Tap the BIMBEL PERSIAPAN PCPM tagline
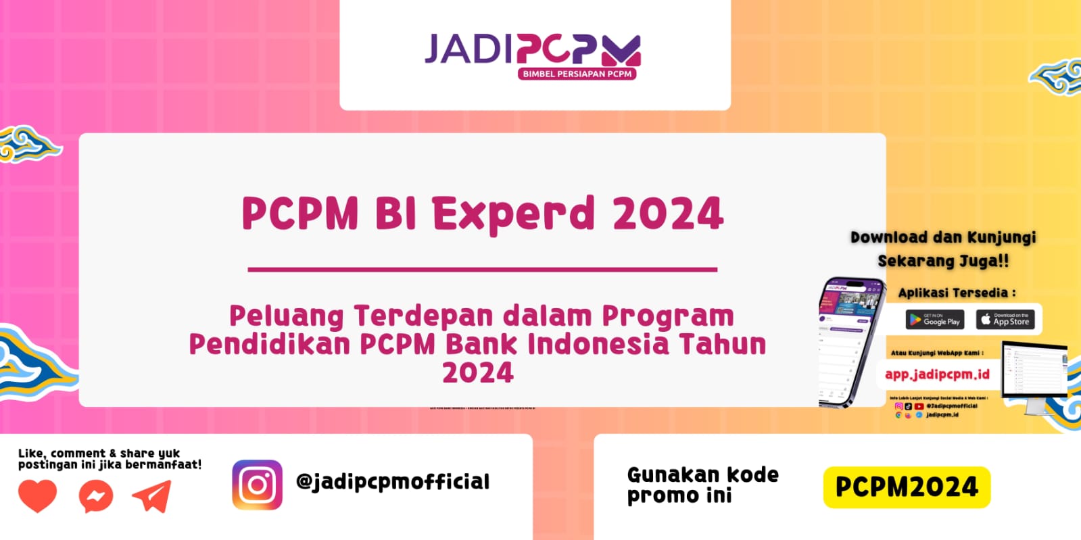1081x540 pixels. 577,74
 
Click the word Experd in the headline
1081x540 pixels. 513,214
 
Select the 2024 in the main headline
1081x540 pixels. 668,214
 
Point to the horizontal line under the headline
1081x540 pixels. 482,269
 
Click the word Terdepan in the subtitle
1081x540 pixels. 423,316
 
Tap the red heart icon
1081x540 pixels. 37,496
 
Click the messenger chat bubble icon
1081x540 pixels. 95,497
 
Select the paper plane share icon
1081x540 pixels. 152,496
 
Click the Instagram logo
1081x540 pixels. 257,485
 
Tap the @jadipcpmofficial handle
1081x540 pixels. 393,481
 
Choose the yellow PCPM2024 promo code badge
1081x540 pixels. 907,487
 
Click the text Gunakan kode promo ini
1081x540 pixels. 702,485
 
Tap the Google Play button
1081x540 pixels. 934,320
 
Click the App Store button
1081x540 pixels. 1005,320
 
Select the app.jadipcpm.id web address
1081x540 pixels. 937,374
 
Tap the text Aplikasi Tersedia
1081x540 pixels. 957,293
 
